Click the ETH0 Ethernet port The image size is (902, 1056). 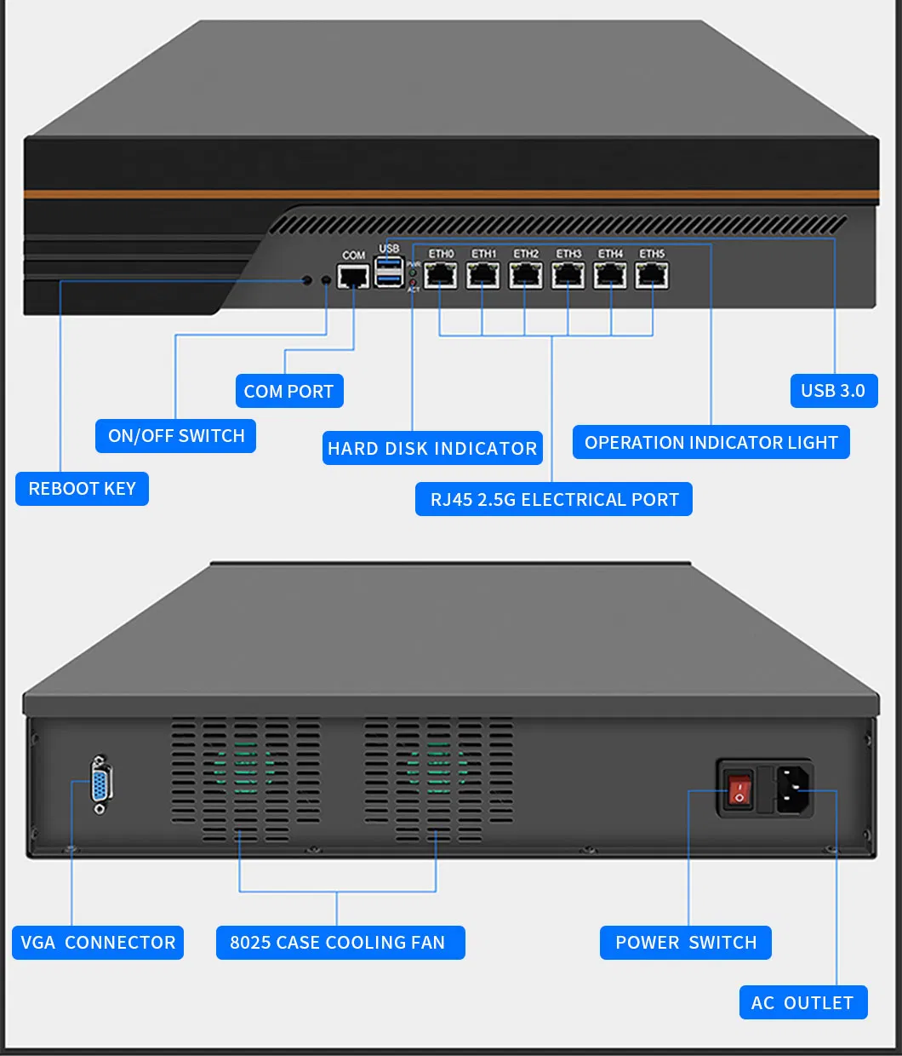point(441,275)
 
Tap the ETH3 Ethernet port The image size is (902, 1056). point(568,275)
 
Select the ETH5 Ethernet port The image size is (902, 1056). point(652,275)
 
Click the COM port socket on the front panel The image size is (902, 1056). point(353,276)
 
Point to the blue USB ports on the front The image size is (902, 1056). point(389,271)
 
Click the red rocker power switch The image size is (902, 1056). point(739,790)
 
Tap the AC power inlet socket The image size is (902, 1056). point(793,789)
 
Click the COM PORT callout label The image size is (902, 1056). point(288,392)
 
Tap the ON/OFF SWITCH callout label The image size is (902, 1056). point(176,436)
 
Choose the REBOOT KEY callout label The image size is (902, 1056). point(82,489)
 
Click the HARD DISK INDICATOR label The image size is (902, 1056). point(432,449)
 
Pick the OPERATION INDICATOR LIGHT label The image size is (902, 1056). point(711,443)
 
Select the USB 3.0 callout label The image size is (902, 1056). point(833,391)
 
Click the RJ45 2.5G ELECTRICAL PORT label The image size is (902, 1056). point(554,500)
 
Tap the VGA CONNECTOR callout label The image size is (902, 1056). point(98,943)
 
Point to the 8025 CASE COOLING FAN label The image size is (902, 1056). point(338,943)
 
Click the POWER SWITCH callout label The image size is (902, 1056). point(686,943)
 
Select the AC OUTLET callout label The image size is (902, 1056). point(802,1002)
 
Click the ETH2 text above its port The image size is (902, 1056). point(526,254)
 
